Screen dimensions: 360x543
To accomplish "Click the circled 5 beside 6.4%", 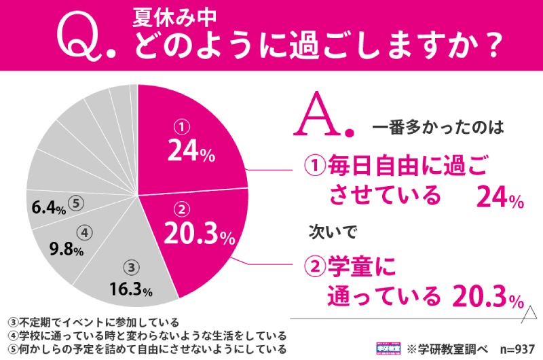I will click(76, 203).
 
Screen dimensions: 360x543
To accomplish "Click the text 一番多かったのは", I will click(430, 127).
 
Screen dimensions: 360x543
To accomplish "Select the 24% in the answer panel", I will click(500, 198).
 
